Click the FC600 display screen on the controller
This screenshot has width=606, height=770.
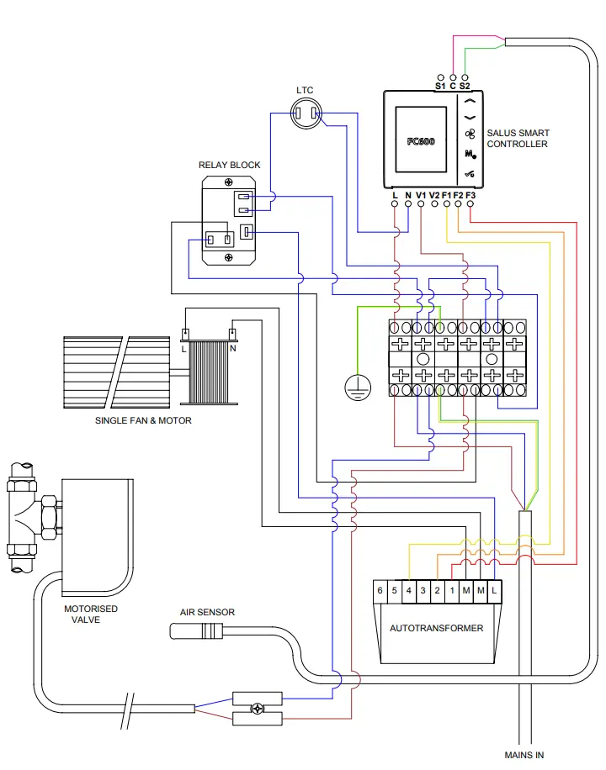point(421,140)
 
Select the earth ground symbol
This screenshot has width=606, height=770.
point(357,387)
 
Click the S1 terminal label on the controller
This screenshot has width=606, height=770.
point(440,86)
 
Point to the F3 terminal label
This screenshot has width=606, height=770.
point(470,196)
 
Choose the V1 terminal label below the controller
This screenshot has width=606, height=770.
point(421,196)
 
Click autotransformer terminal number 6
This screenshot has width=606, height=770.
point(380,590)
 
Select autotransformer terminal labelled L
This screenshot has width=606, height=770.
point(493,590)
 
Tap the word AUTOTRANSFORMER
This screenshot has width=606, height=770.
point(436,628)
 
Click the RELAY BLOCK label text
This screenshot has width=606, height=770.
point(229,165)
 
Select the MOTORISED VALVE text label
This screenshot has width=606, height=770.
point(91,614)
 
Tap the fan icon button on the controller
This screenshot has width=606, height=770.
point(470,132)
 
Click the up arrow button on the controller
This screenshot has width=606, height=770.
point(470,101)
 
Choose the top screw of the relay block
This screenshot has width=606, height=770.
point(229,181)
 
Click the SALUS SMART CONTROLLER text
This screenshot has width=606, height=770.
point(517,139)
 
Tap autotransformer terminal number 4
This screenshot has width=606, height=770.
point(408,590)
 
